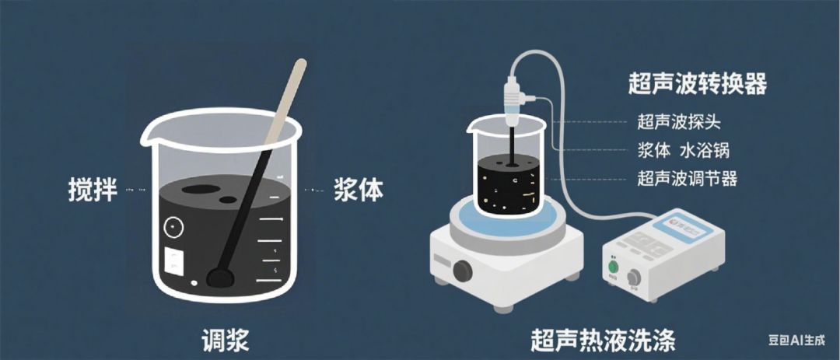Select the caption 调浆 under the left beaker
click(x=225, y=339)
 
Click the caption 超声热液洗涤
click(x=604, y=340)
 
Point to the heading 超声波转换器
click(x=697, y=82)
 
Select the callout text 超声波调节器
click(x=687, y=179)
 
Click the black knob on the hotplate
click(x=463, y=271)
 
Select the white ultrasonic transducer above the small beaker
click(x=515, y=102)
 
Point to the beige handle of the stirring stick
click(x=285, y=104)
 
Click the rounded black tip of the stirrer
click(x=217, y=276)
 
